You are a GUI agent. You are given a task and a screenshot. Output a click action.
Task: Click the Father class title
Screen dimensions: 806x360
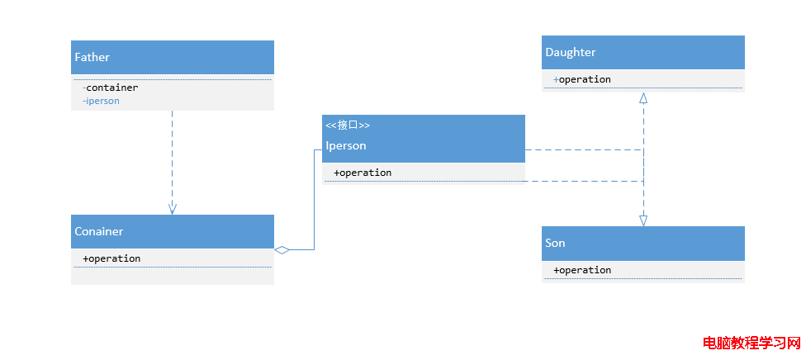click(x=92, y=57)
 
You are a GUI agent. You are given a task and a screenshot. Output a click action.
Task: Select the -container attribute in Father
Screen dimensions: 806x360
click(x=110, y=88)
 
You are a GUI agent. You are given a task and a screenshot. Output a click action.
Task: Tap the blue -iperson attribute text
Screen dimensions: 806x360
click(x=101, y=101)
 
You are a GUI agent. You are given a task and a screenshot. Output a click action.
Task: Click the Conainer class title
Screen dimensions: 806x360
click(x=99, y=231)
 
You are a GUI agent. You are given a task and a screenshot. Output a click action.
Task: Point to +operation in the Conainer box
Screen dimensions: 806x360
click(x=111, y=258)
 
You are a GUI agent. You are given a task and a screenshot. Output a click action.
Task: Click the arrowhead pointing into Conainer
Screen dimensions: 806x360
click(x=173, y=208)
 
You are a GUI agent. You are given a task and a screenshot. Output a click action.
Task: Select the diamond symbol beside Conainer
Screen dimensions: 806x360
click(x=282, y=250)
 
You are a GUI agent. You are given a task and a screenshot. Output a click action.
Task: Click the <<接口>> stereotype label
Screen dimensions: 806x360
click(x=348, y=125)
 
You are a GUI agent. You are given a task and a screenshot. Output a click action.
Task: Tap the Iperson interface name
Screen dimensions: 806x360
click(x=346, y=145)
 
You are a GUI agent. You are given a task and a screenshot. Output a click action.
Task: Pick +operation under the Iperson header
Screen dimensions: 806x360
click(x=363, y=173)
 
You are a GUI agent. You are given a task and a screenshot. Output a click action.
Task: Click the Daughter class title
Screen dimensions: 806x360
click(x=571, y=53)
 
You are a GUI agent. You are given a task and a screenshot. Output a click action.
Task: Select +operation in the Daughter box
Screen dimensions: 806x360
click(x=582, y=79)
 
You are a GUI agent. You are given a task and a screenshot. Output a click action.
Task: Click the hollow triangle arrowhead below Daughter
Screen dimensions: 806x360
click(x=643, y=98)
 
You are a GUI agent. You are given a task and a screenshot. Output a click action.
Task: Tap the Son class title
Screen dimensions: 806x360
click(x=555, y=243)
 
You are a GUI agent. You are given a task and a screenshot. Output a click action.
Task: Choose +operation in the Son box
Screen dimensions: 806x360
click(x=582, y=270)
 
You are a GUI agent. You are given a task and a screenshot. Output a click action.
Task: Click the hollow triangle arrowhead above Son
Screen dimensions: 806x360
click(x=643, y=220)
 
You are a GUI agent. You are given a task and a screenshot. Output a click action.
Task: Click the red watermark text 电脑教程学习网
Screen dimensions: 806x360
click(x=751, y=343)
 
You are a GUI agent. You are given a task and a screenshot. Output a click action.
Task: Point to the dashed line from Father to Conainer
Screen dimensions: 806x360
click(x=173, y=162)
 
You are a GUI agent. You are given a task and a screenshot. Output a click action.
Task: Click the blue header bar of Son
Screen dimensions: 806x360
click(x=643, y=244)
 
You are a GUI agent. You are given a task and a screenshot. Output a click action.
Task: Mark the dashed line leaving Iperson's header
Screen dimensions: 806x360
click(x=584, y=149)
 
